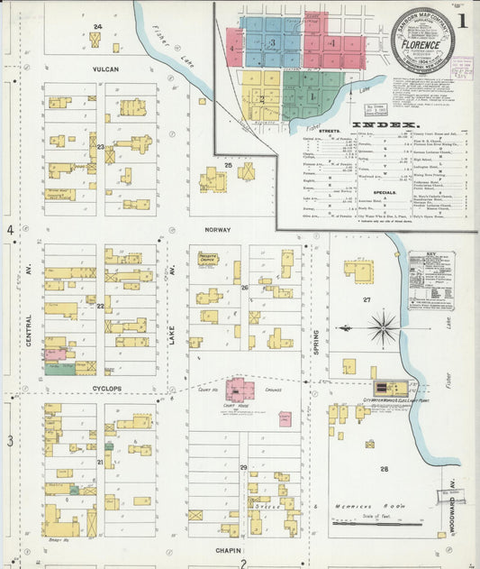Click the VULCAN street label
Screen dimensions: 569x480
(104, 69)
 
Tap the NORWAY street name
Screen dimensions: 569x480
(217, 230)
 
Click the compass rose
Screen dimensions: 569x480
(384, 326)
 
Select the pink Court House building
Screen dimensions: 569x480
(240, 390)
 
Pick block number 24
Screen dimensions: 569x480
(96, 28)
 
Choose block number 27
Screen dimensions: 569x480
(367, 298)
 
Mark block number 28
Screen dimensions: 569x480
(384, 470)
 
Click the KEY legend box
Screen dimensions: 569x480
(430, 280)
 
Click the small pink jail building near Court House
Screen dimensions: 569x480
(285, 418)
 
